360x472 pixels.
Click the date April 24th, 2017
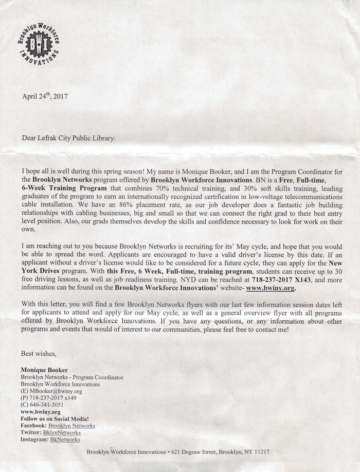click(45, 96)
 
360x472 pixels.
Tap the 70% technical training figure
click(181, 187)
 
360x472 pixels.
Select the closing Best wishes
click(39, 353)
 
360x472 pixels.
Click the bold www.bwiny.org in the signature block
click(41, 412)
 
